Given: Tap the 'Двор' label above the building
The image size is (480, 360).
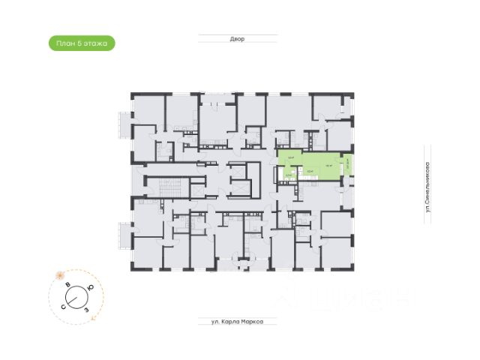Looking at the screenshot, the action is pos(238,39).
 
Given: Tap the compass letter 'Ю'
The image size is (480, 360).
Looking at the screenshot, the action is pos(91,287).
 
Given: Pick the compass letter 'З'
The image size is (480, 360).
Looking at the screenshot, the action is pos(88,308).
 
